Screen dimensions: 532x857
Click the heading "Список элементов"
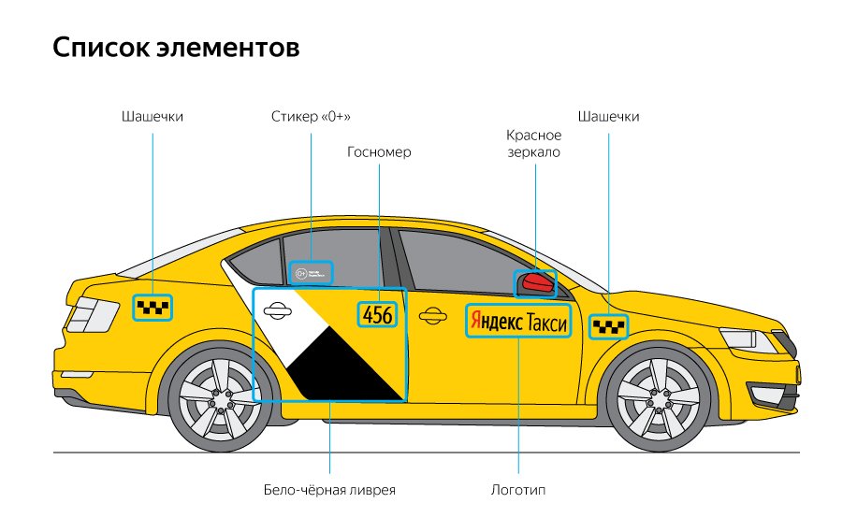(x=177, y=48)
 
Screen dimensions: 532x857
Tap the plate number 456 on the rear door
(x=378, y=315)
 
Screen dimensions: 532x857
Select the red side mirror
(x=536, y=281)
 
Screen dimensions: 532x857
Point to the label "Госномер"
(x=379, y=151)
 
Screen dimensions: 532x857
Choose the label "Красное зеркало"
(x=533, y=144)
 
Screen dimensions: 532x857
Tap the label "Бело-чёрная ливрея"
(x=330, y=490)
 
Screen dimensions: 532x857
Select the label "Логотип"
(x=517, y=490)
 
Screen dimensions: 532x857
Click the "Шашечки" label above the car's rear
(x=152, y=117)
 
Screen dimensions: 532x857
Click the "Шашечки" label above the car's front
(x=609, y=117)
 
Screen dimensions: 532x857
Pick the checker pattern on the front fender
(x=608, y=326)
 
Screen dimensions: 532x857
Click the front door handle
(x=431, y=316)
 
